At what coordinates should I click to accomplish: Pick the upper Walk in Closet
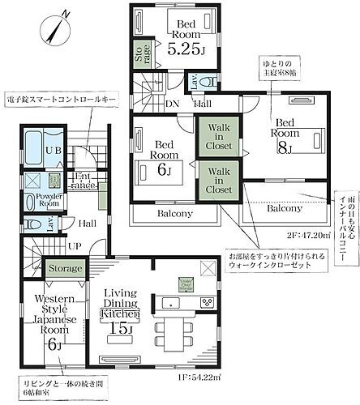click(x=218, y=137)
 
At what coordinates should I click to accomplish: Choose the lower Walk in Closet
click(x=218, y=181)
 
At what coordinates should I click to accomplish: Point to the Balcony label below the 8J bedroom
click(x=287, y=209)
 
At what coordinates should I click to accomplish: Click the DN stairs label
click(x=172, y=104)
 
